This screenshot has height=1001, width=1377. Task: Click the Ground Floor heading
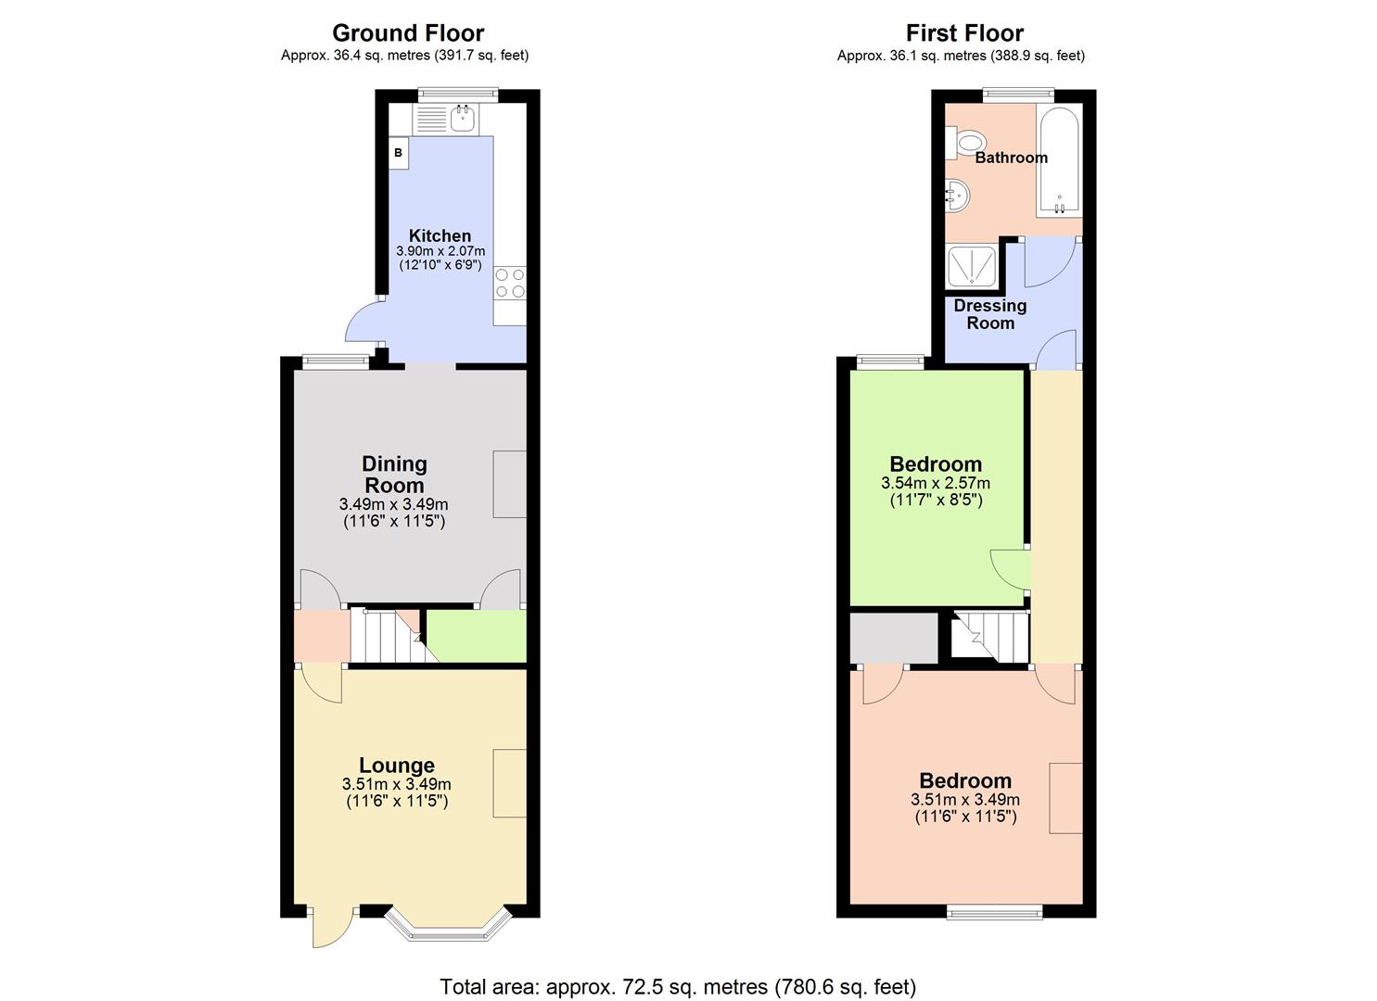point(408,33)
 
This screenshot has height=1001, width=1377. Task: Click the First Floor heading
point(964,33)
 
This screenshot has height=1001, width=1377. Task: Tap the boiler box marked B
point(398,153)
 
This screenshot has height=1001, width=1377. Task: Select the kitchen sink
point(462,119)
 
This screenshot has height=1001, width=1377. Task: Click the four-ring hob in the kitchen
point(509,283)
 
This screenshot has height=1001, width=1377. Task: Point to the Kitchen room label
point(440,235)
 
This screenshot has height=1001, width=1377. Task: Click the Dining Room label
point(394,475)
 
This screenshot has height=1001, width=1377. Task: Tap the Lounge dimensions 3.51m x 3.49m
point(396,784)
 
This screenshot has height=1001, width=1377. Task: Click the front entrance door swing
point(330,927)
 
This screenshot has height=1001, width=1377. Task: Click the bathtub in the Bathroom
point(1058,159)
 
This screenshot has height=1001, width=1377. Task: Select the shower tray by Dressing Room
point(971,265)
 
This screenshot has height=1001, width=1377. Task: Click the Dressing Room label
point(989,314)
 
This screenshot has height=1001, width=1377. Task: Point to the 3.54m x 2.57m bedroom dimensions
point(935,483)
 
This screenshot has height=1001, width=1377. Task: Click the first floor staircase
point(990,636)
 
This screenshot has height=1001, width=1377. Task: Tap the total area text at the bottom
point(678,986)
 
